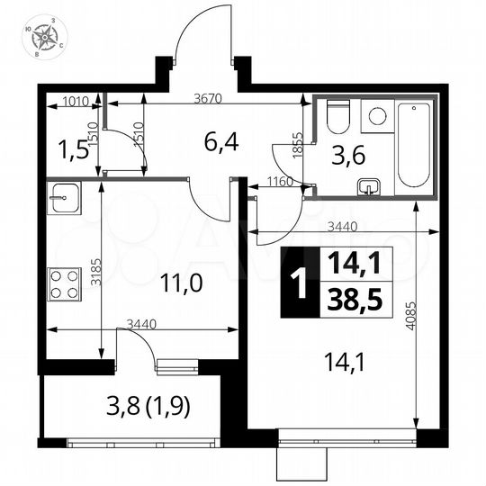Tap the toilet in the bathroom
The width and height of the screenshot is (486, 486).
[x=337, y=118]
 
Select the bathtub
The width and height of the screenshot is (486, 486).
[x=415, y=143]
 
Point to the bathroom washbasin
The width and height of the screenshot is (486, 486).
[x=369, y=187]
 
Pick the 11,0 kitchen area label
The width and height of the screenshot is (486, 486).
[x=181, y=281]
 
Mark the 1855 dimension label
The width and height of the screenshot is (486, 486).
[x=297, y=144]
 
